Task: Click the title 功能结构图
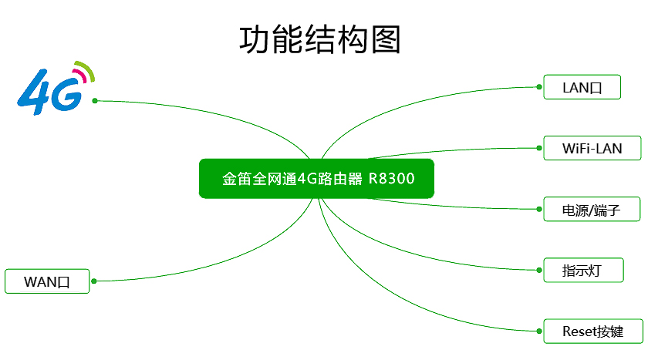tap(320, 40)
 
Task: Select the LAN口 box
tap(582, 87)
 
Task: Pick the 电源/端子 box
tap(582, 209)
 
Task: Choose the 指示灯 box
tap(582, 270)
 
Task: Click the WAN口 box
tap(48, 281)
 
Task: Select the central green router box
tap(316, 179)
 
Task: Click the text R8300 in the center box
tap(391, 179)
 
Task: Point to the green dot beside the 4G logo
tap(95, 101)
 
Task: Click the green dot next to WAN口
tap(94, 281)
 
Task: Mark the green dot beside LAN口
tap(539, 87)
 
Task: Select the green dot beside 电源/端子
tap(539, 209)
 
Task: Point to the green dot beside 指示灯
tap(539, 270)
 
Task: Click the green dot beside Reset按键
tap(539, 331)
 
